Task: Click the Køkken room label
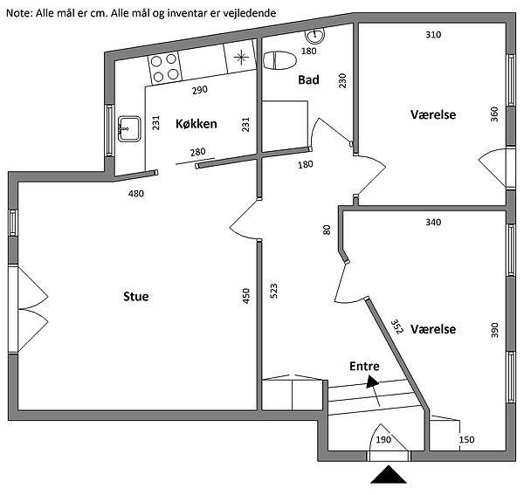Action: click(x=196, y=124)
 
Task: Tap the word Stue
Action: click(x=136, y=297)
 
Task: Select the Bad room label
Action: click(x=308, y=79)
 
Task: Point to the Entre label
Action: click(x=364, y=367)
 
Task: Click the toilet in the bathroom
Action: click(x=279, y=60)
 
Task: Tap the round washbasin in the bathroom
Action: click(x=315, y=36)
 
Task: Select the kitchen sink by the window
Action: click(x=129, y=129)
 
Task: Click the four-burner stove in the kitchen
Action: click(x=165, y=68)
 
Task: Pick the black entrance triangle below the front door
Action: click(x=389, y=475)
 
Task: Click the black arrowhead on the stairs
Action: click(x=372, y=382)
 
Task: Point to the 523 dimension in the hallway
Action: click(x=273, y=291)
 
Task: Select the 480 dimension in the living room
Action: click(x=136, y=194)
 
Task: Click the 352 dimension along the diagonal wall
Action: click(x=397, y=327)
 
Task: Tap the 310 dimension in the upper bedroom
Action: click(x=433, y=35)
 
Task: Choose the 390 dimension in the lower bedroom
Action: click(x=494, y=330)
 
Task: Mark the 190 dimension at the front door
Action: click(x=383, y=439)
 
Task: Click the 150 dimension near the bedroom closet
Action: click(x=466, y=439)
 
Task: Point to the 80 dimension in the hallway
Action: click(x=327, y=230)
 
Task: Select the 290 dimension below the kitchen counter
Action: click(x=200, y=90)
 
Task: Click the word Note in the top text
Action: click(x=19, y=13)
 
